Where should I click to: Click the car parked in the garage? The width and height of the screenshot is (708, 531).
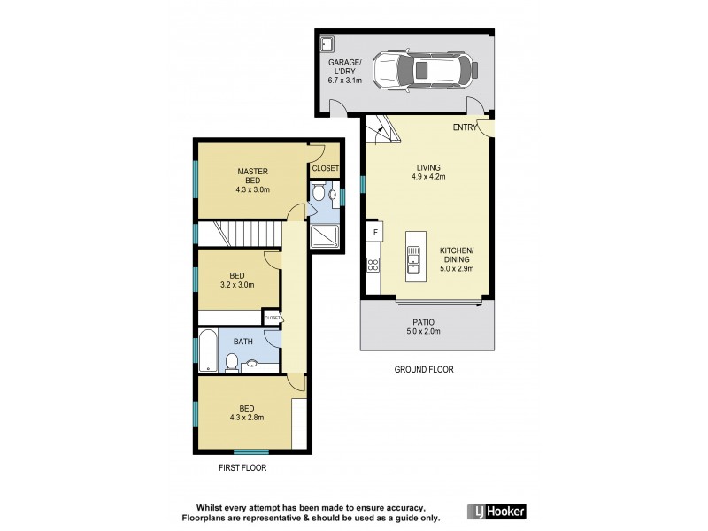click(x=421, y=70)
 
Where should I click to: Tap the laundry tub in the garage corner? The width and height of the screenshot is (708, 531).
click(x=327, y=43)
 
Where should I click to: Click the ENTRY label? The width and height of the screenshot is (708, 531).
click(x=465, y=127)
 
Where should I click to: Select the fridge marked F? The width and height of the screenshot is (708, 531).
click(x=376, y=233)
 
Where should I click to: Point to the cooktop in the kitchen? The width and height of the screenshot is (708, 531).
click(x=373, y=264)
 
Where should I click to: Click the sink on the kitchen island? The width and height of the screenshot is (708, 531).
click(x=413, y=258)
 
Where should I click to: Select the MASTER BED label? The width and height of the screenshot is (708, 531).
click(x=252, y=175)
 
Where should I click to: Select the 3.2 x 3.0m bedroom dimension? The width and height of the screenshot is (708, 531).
click(x=236, y=285)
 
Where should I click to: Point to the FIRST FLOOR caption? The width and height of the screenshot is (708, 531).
click(x=242, y=467)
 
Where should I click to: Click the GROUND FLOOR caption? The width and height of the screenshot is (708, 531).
click(x=424, y=370)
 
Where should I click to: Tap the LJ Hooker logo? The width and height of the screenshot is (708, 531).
click(x=496, y=511)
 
